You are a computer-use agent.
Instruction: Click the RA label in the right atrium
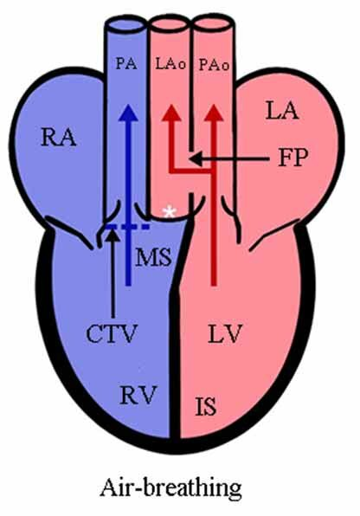(59, 138)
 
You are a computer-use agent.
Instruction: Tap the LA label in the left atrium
(282, 111)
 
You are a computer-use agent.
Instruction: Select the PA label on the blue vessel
(126, 64)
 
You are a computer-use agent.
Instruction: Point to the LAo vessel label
(170, 64)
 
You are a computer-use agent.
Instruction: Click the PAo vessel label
(214, 65)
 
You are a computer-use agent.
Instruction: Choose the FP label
(293, 158)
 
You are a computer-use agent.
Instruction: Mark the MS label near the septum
(153, 257)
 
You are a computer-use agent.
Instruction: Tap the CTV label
(112, 333)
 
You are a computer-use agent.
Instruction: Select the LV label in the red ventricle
(225, 333)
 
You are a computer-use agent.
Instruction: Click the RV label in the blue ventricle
(138, 395)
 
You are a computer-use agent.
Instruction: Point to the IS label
(206, 406)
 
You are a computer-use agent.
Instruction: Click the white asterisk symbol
(170, 213)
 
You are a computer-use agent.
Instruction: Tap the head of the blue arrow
(128, 113)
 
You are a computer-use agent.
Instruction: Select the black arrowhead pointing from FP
(195, 159)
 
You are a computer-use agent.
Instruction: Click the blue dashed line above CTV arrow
(128, 227)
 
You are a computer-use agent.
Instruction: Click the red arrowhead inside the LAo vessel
(171, 113)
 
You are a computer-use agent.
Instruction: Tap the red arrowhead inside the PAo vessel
(214, 113)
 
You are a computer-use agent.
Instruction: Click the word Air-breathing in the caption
(170, 488)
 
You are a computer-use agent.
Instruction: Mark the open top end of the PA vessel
(125, 25)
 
